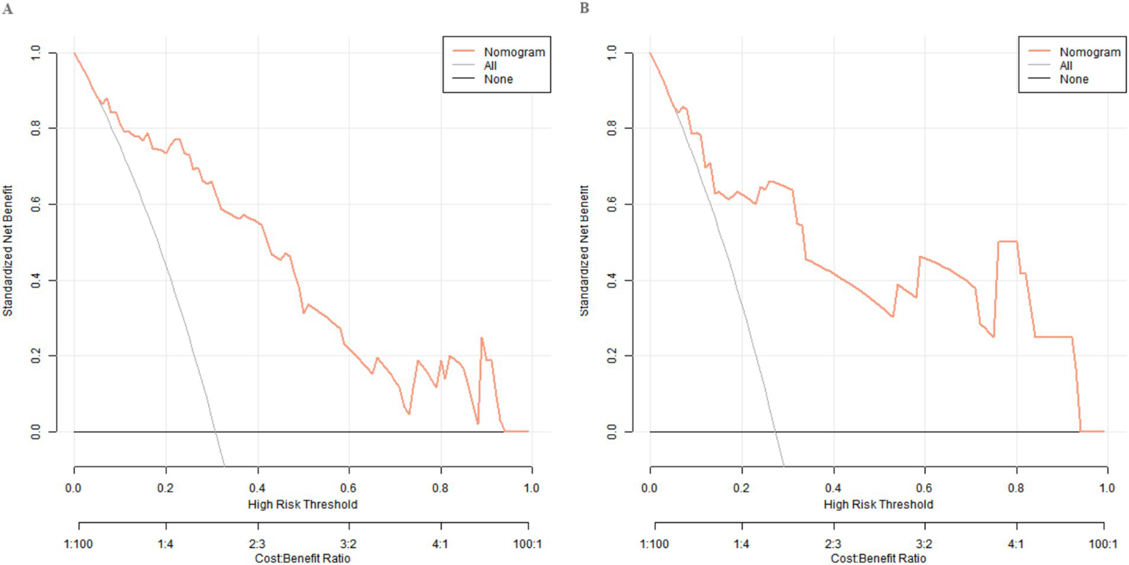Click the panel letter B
point(584,8)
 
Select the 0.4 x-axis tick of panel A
point(257,488)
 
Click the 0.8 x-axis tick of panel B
point(1016,488)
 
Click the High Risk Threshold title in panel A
point(302,505)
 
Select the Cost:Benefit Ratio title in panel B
point(877,560)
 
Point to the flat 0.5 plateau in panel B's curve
point(1007,241)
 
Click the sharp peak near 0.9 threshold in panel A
point(482,338)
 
